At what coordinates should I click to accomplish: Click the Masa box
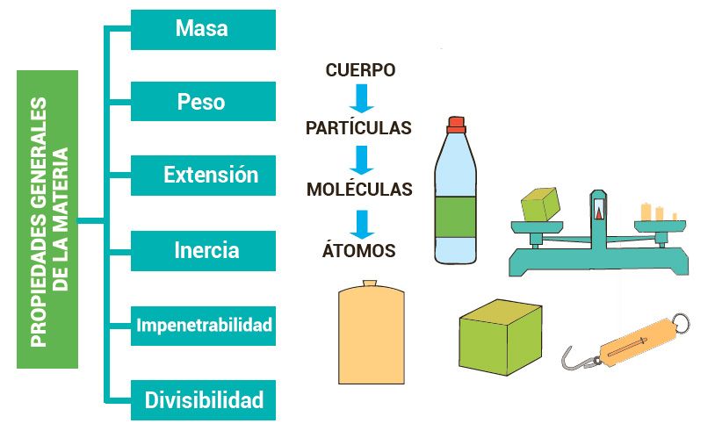[x=203, y=29]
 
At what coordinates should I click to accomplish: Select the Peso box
[x=203, y=102]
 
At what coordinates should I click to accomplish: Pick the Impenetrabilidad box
[x=203, y=326]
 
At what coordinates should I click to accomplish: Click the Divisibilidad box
[x=203, y=400]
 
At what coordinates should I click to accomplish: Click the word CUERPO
[x=360, y=69]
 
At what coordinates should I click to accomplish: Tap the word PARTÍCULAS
[x=358, y=128]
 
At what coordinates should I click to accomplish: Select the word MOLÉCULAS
[x=359, y=189]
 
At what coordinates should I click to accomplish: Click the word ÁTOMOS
[x=359, y=251]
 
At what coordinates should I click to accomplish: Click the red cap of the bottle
[x=455, y=123]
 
